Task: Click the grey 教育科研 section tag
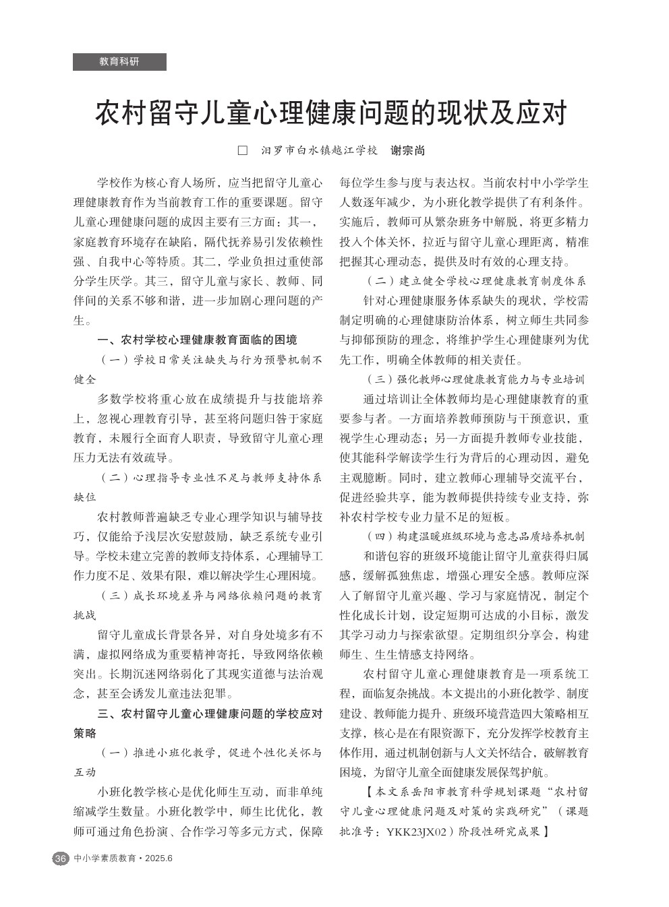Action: pyautogui.click(x=119, y=62)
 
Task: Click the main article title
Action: pyautogui.click(x=330, y=113)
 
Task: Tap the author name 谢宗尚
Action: pyautogui.click(x=408, y=150)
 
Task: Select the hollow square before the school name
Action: pyautogui.click(x=243, y=150)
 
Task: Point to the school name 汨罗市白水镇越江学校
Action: pyautogui.click(x=320, y=150)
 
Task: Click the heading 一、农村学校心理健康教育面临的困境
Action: pyautogui.click(x=197, y=339)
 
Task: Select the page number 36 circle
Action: pyautogui.click(x=60, y=858)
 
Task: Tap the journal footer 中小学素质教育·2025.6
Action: pyautogui.click(x=124, y=858)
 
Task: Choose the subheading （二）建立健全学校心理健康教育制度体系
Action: pyautogui.click(x=476, y=280)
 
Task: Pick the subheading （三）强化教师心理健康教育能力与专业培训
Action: pyautogui.click(x=476, y=379)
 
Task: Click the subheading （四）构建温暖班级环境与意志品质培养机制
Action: pyautogui.click(x=476, y=536)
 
